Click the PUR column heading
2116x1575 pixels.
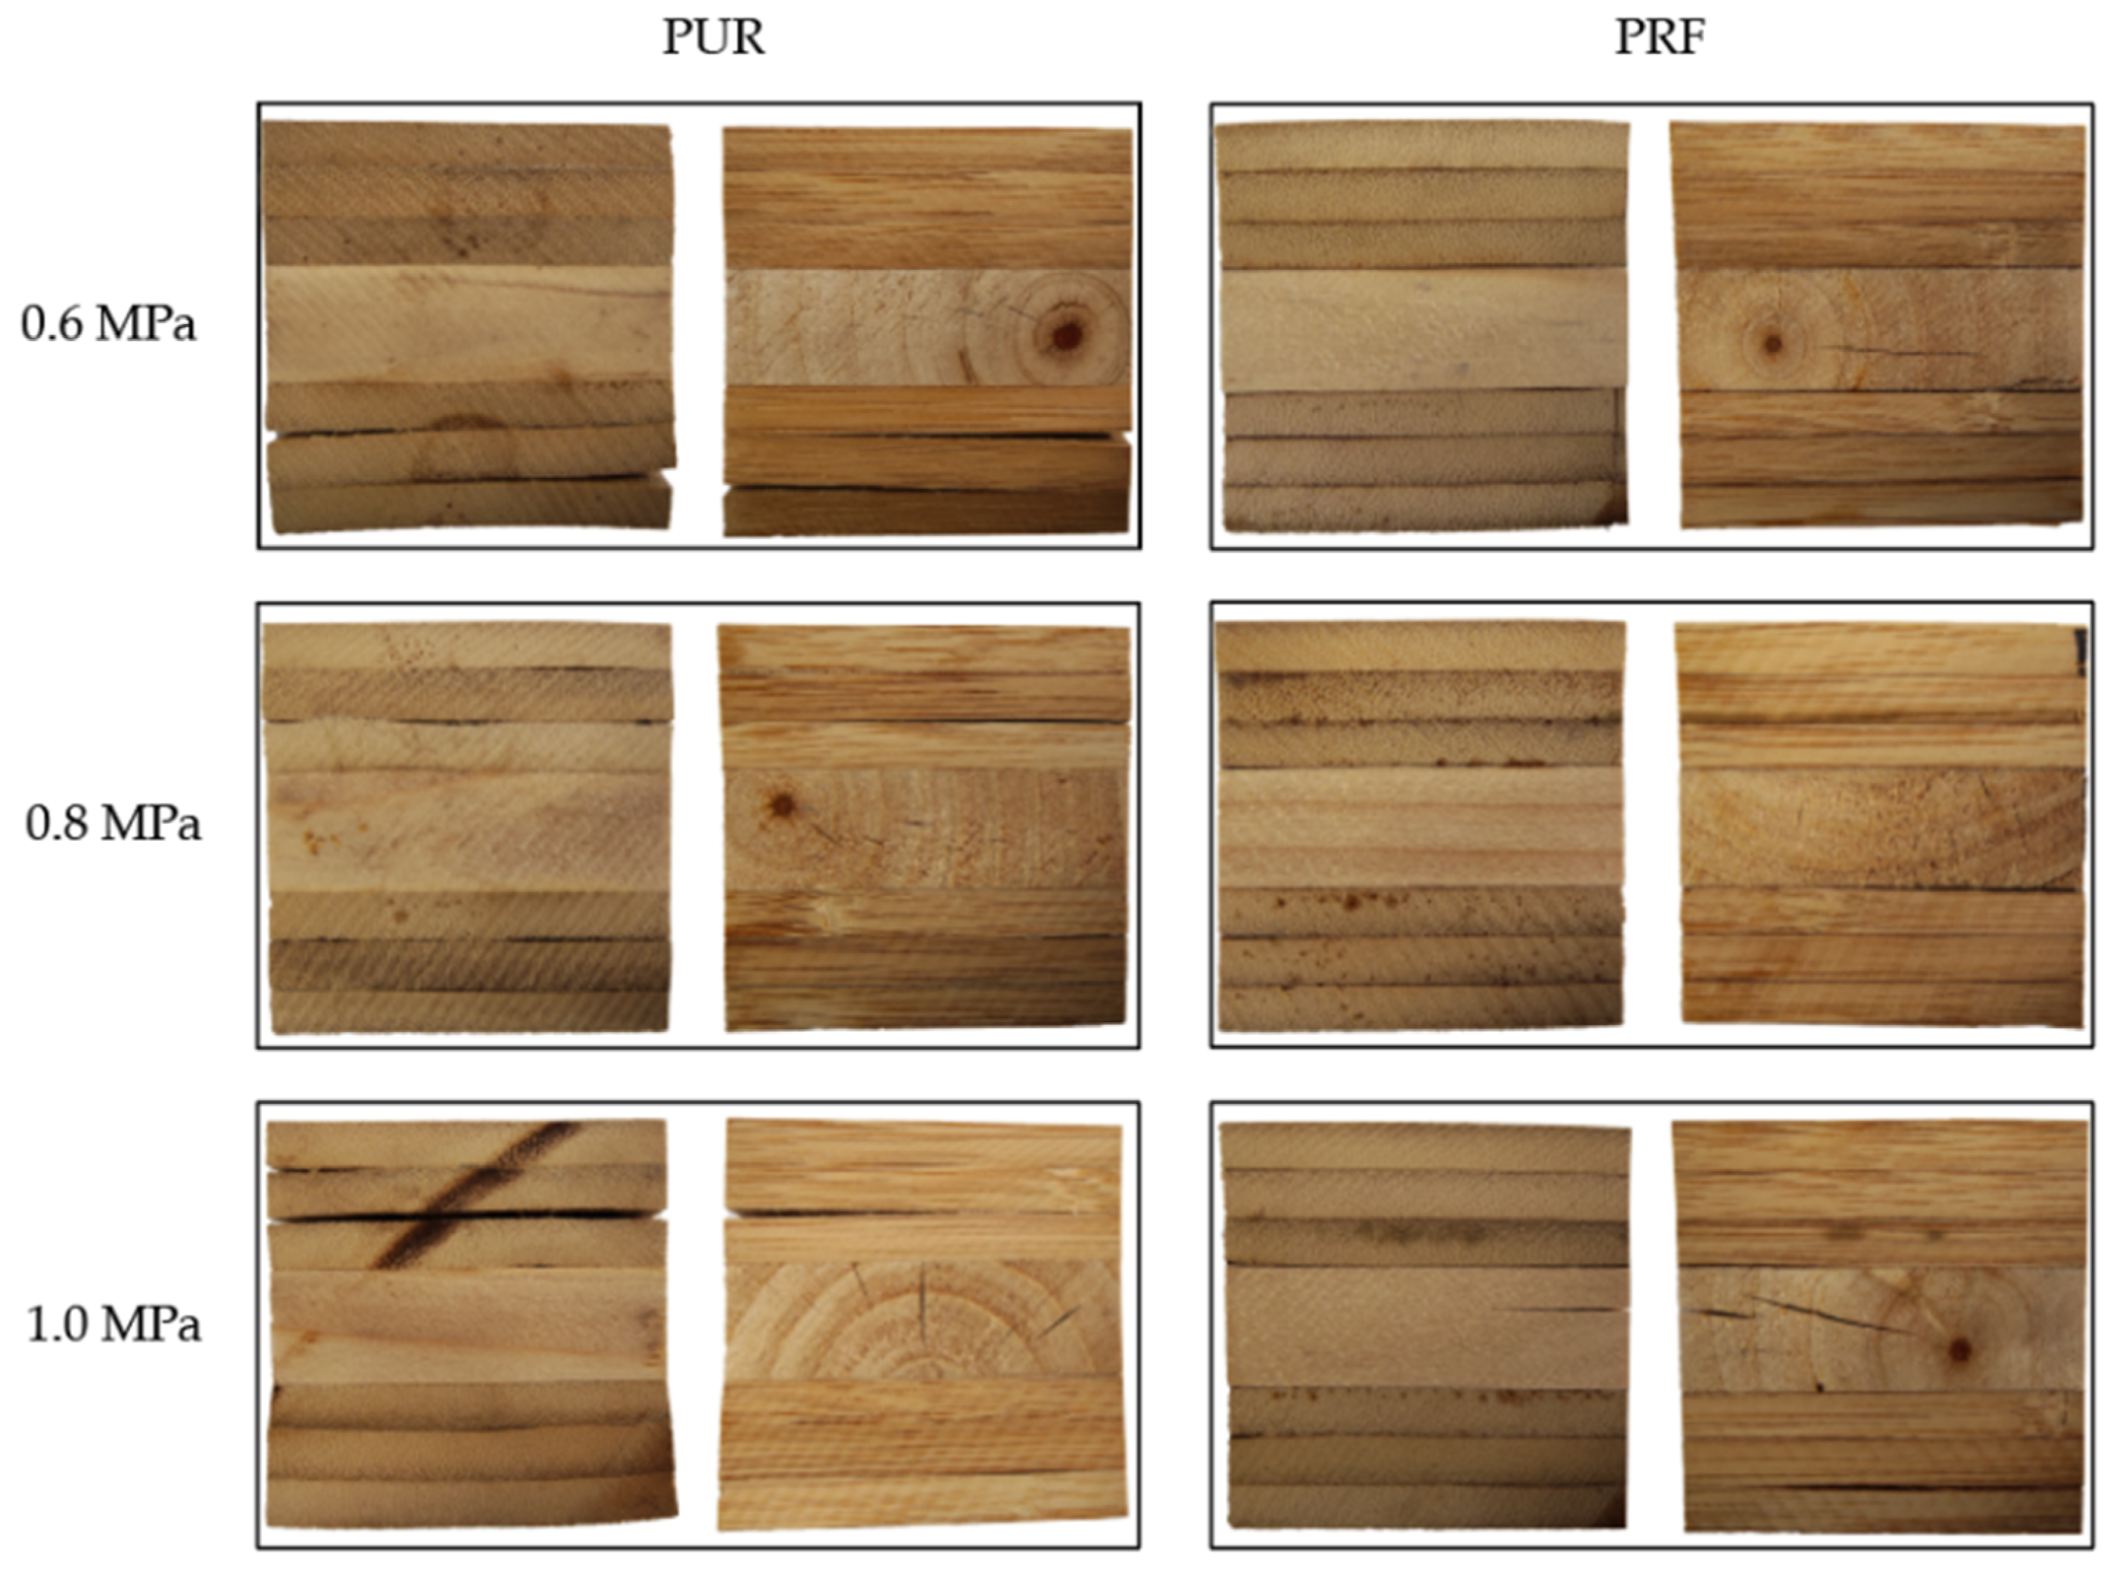click(713, 38)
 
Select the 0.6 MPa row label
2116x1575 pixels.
click(108, 324)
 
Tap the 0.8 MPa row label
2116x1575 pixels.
click(113, 824)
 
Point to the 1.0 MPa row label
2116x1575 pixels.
click(113, 1325)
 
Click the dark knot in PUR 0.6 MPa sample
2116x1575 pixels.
click(1066, 334)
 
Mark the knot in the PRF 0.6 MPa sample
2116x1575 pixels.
click(1772, 344)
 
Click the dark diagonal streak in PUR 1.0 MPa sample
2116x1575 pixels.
click(474, 1194)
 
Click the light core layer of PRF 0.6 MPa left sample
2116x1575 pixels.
click(1423, 329)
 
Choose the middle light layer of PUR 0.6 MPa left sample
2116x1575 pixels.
click(467, 324)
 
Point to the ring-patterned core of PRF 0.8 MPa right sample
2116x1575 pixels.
click(1882, 828)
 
